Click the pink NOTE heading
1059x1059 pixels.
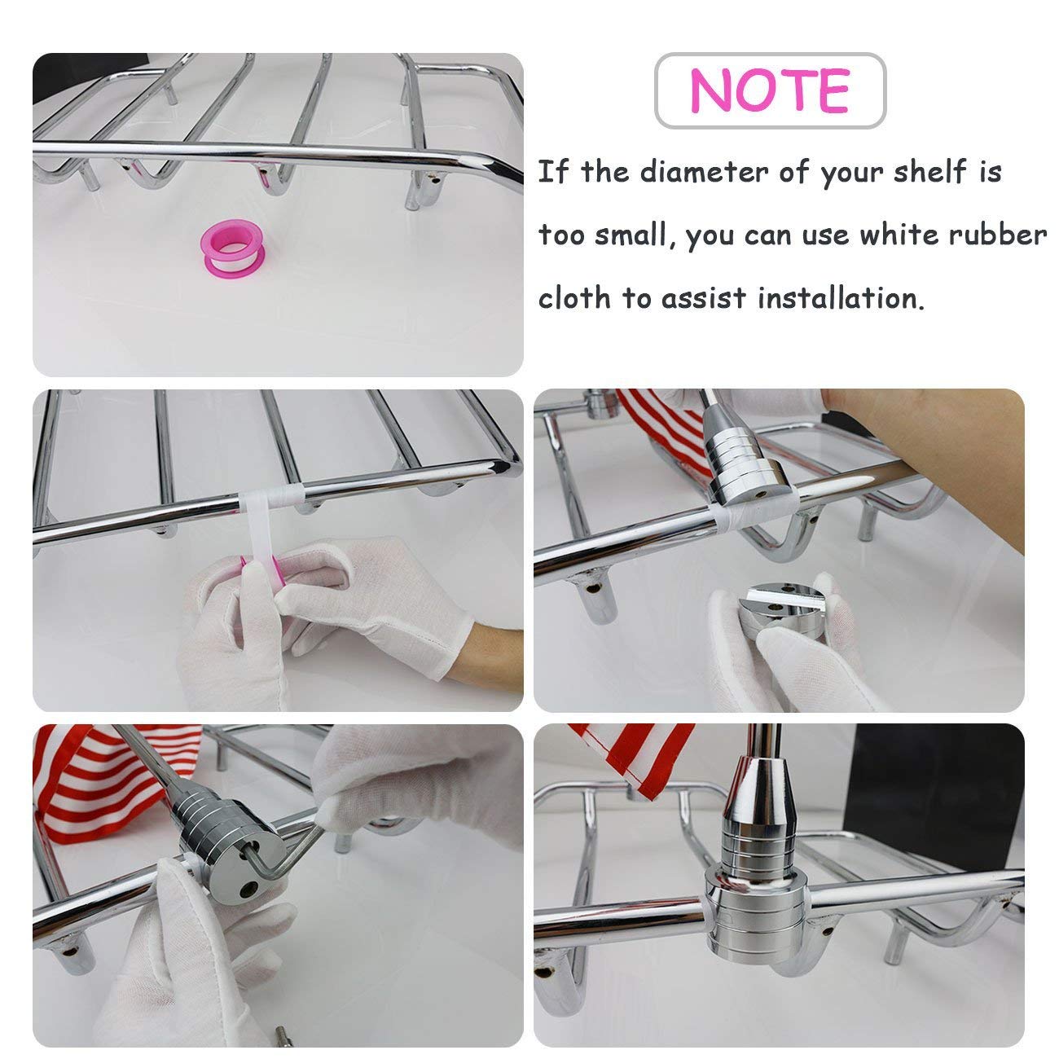coord(769,90)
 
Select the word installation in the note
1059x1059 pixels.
coord(841,298)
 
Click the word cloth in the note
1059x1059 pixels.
coord(574,298)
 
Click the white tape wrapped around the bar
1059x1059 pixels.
coord(270,500)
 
